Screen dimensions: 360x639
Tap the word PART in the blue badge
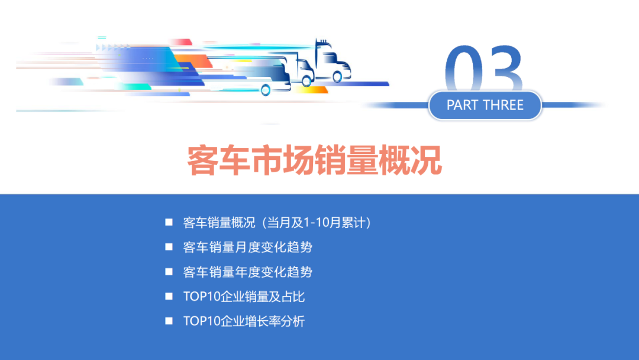(464, 105)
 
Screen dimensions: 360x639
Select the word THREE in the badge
(503, 105)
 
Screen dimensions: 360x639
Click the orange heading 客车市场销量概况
(315, 160)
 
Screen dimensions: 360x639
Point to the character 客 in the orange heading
(202, 160)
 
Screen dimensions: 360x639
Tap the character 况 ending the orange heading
(428, 160)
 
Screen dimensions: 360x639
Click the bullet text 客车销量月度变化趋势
(247, 247)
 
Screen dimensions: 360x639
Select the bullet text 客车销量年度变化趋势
(247, 272)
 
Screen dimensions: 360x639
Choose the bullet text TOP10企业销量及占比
(244, 297)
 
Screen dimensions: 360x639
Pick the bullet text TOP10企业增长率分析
(244, 322)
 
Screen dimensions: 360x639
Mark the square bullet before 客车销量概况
(169, 222)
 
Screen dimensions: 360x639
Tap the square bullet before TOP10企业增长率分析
(169, 321)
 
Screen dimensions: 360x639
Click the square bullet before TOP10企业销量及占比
(169, 296)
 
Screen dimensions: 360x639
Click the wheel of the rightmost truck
(337, 76)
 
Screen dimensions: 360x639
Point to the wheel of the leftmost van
(266, 90)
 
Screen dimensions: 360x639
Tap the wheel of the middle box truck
(306, 82)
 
